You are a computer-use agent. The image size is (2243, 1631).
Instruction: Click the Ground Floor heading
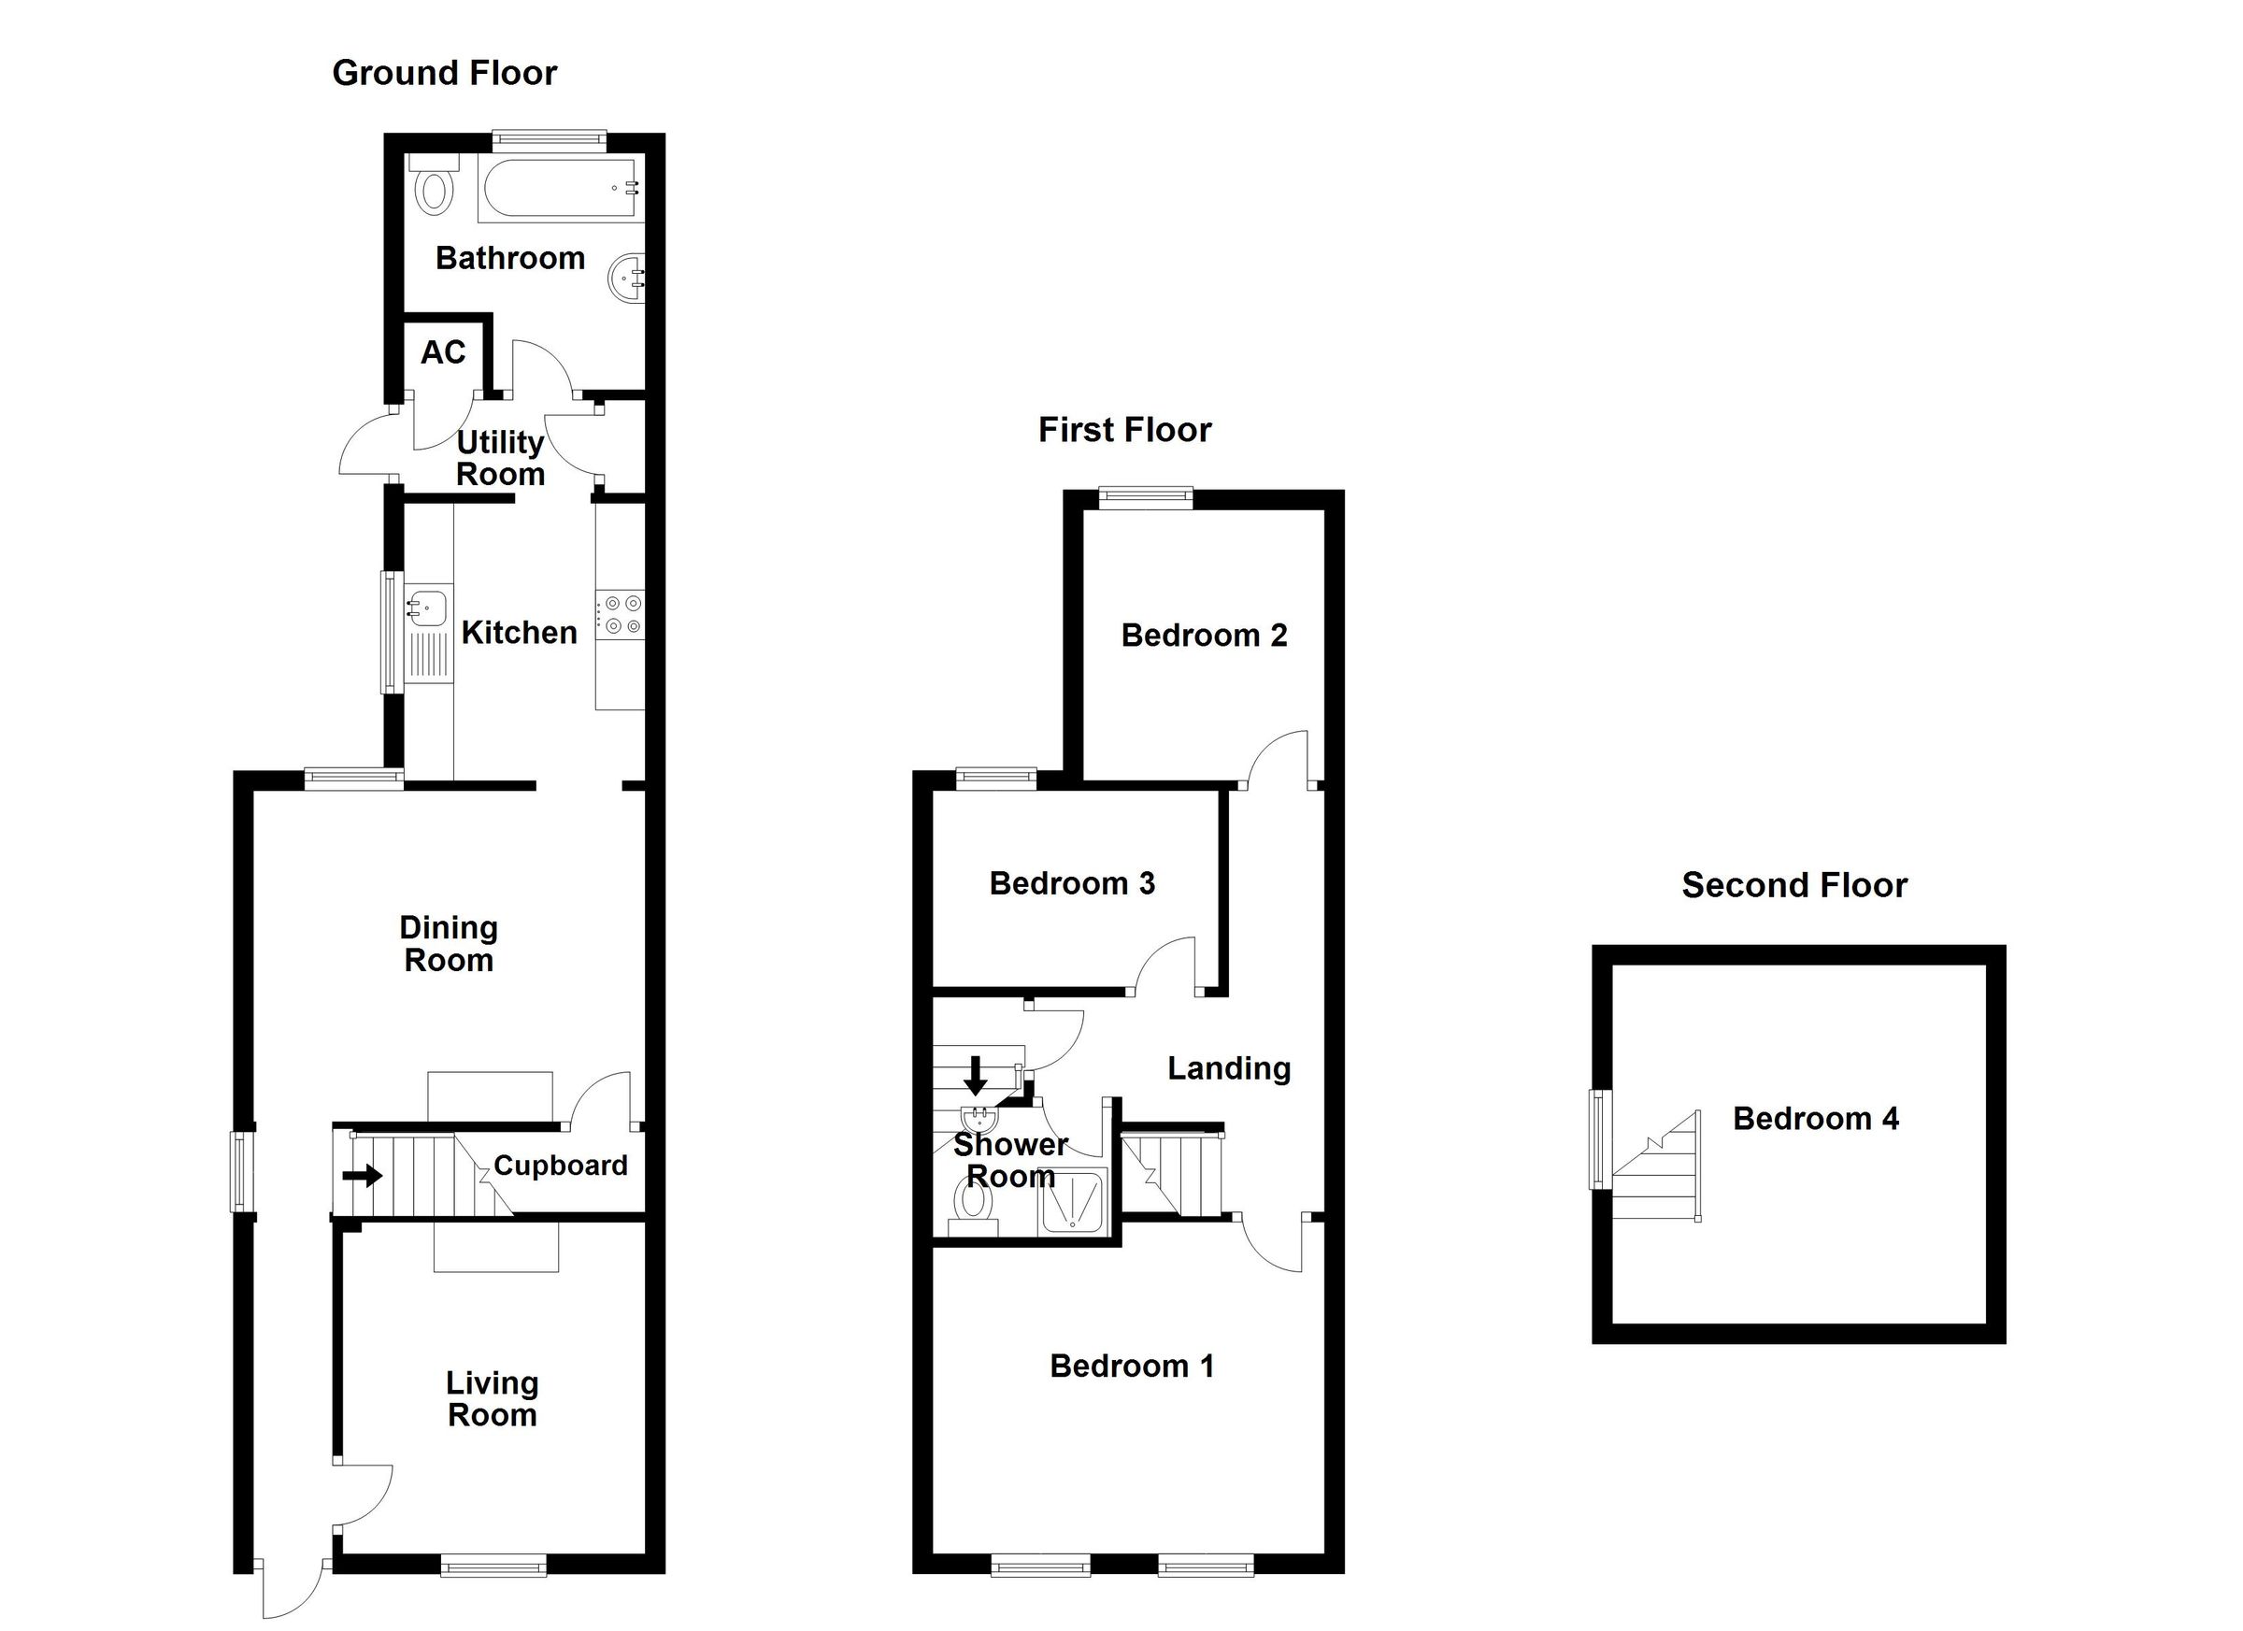point(444,73)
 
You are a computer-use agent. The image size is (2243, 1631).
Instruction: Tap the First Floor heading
point(1124,430)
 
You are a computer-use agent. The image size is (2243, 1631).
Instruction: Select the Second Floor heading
point(1794,885)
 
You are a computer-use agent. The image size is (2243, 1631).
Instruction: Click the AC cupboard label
point(442,353)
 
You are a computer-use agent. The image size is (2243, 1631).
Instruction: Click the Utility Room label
point(500,458)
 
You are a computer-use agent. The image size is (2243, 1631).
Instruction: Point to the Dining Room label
point(448,944)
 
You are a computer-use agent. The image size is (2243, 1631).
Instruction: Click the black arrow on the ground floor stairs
point(362,1176)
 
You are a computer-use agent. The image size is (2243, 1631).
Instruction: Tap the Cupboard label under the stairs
point(560,1166)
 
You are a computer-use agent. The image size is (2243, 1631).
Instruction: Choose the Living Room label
point(492,1398)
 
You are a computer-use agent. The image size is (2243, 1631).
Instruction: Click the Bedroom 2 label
point(1204,635)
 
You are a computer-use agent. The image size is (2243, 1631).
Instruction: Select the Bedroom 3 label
point(1072,883)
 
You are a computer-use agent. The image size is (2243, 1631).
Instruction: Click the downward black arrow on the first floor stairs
point(975,1075)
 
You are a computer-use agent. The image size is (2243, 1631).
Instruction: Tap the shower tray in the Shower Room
point(1072,1202)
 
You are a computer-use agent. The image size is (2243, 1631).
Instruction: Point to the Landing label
point(1228,1068)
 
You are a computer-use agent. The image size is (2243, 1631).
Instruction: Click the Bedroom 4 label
point(1815,1119)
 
